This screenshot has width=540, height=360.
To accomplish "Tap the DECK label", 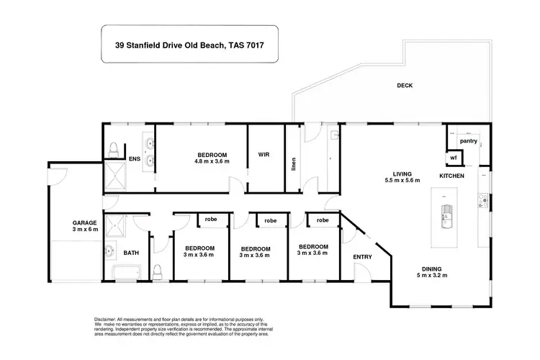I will pyautogui.click(x=405, y=86).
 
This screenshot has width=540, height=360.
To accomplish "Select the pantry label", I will pyautogui.click(x=469, y=140).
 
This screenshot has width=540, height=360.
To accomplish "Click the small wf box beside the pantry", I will pyautogui.click(x=454, y=158).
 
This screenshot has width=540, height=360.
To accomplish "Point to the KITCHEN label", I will pyautogui.click(x=451, y=176).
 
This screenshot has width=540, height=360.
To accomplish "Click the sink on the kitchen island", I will pyautogui.click(x=446, y=214).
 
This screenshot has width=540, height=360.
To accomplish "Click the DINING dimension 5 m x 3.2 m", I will pyautogui.click(x=432, y=276).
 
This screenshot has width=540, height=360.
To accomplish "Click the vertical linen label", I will pyautogui.click(x=293, y=165).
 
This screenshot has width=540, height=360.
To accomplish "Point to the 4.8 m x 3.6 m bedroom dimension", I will pyautogui.click(x=212, y=162).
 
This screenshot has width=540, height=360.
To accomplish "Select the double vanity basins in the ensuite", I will pyautogui.click(x=150, y=153).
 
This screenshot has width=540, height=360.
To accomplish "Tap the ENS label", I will pyautogui.click(x=134, y=158).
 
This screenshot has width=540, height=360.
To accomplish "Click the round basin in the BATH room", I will pyautogui.click(x=108, y=252).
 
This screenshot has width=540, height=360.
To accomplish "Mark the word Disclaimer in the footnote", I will pyautogui.click(x=107, y=318).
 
